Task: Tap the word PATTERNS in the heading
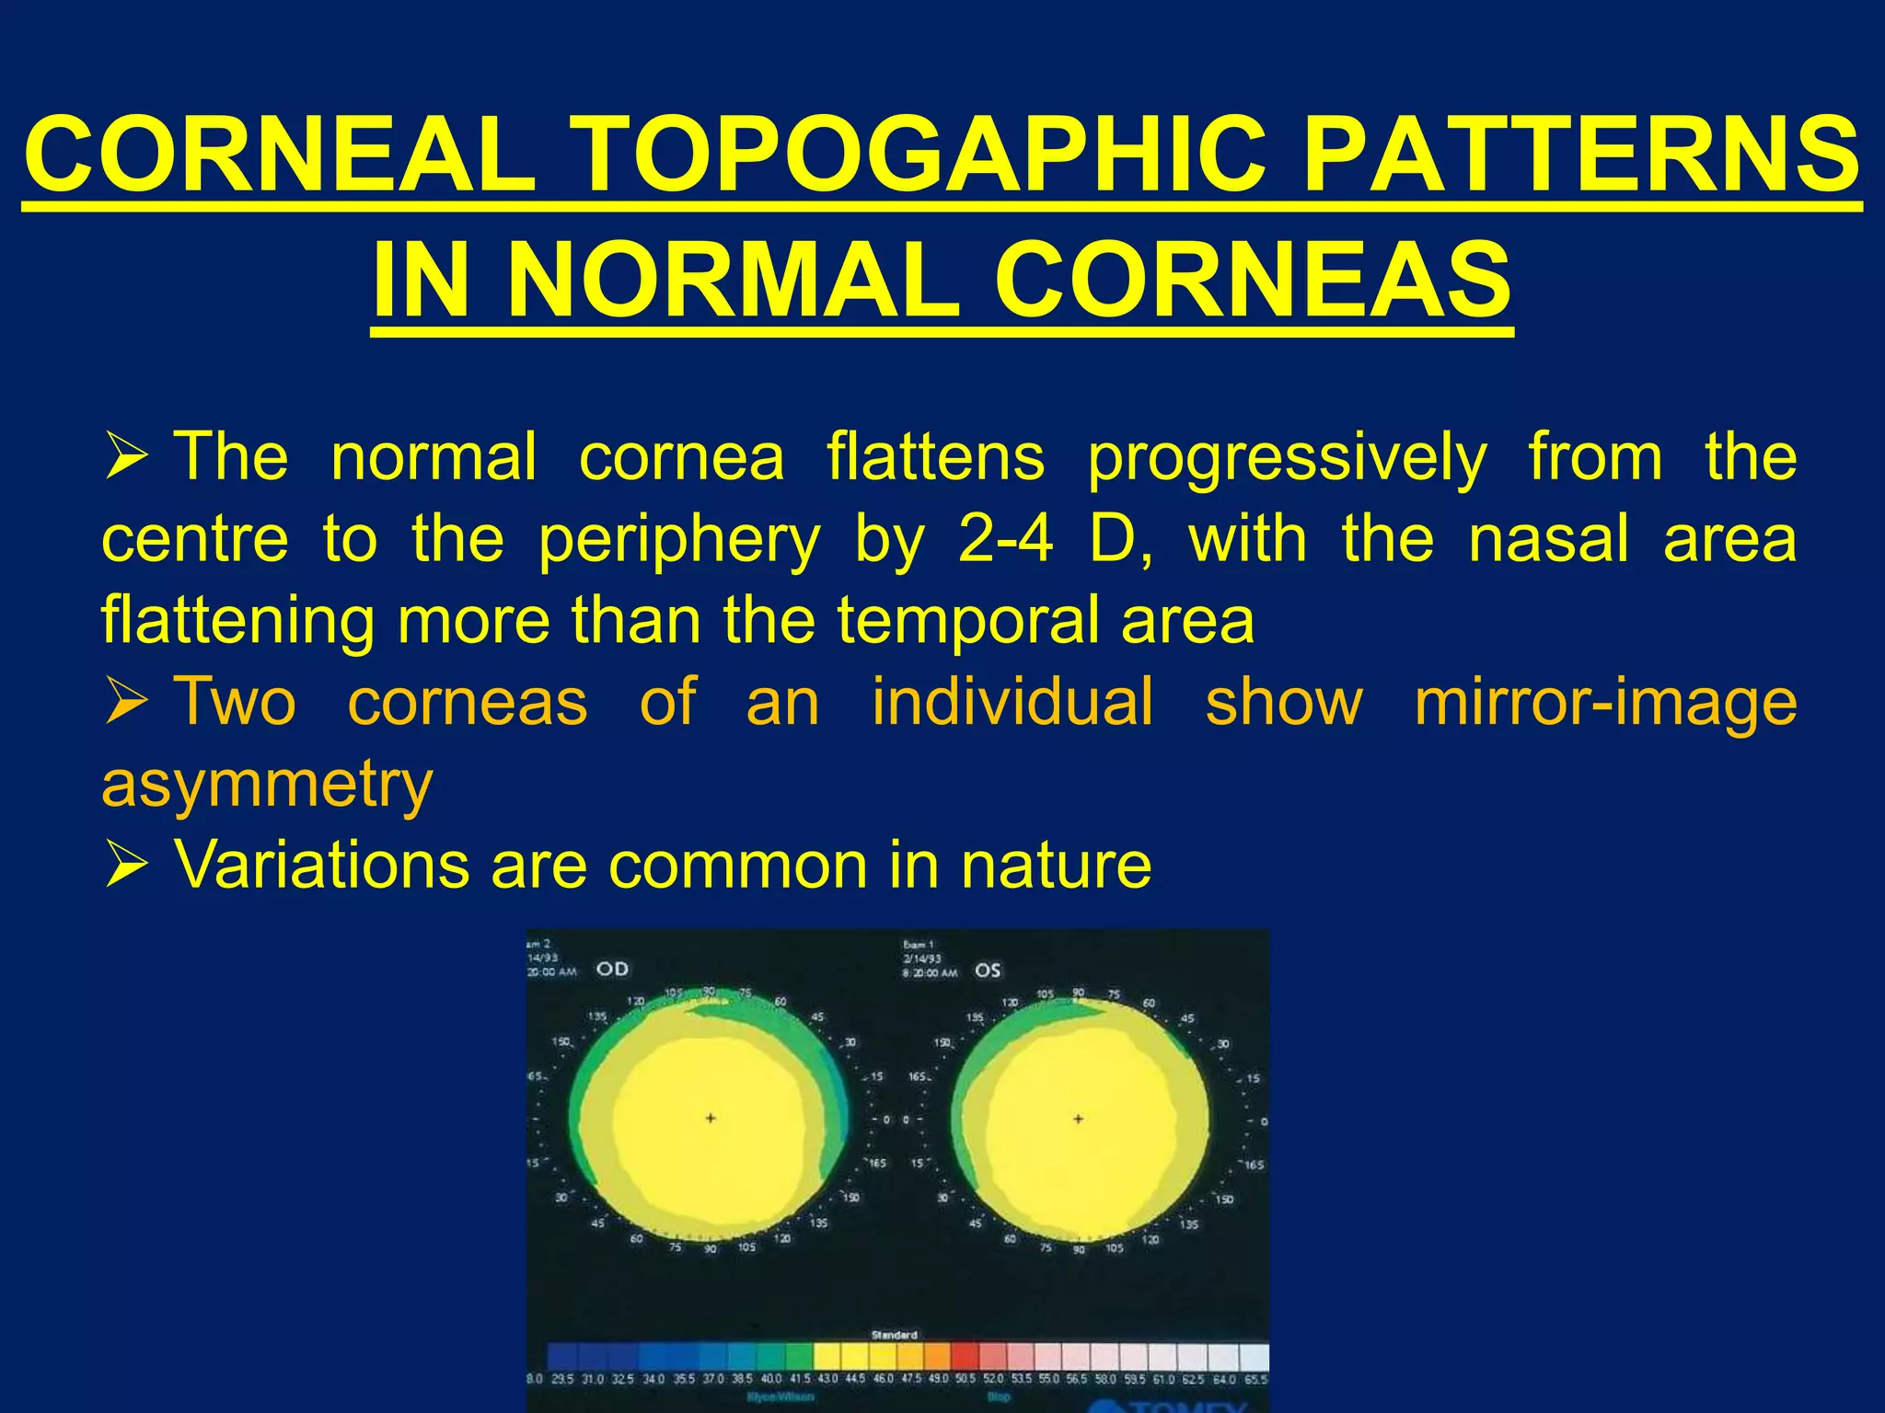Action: tap(1581, 155)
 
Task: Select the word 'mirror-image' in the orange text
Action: tap(1605, 702)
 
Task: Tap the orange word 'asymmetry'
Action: tap(267, 784)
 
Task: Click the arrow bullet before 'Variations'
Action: tap(126, 866)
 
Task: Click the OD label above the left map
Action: tap(613, 969)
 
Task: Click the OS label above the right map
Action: tap(988, 971)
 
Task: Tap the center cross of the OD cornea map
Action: tap(711, 1118)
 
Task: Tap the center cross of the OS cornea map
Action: tap(1078, 1119)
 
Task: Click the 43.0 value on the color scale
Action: tap(827, 1379)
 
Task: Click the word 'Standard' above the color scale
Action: tap(894, 1335)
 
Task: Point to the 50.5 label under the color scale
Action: tap(965, 1379)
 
